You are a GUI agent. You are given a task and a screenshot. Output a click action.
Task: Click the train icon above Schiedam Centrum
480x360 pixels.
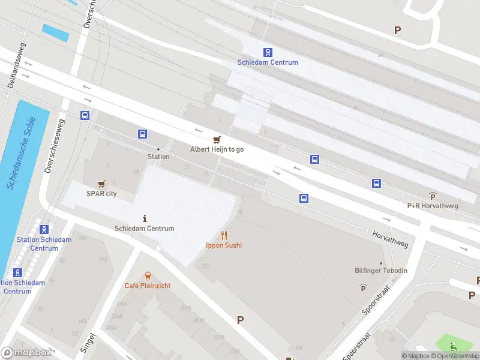[x=268, y=52]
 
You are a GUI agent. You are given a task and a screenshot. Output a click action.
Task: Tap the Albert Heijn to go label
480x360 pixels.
[x=217, y=149]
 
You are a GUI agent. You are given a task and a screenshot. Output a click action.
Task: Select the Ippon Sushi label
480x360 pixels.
[x=224, y=245]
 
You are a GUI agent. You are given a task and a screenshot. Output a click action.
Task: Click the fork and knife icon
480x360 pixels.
[x=224, y=235]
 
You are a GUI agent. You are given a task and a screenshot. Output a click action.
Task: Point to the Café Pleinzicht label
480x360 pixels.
[x=147, y=286]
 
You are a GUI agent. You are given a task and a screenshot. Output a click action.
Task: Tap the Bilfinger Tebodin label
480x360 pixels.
[x=380, y=271]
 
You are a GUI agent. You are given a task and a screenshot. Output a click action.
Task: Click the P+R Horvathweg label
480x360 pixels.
[x=433, y=206]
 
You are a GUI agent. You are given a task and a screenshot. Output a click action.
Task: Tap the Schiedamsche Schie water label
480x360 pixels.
[x=21, y=154]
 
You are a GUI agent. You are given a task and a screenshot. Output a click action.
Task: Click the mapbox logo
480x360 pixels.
[x=26, y=353]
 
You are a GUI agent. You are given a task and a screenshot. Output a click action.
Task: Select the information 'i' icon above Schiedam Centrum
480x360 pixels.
[x=145, y=218]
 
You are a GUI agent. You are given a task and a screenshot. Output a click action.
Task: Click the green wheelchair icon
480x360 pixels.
[x=454, y=346]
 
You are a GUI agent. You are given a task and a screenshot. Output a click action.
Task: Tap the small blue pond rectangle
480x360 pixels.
[x=55, y=32]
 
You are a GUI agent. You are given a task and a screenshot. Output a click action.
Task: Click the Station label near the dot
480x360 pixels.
[x=158, y=157]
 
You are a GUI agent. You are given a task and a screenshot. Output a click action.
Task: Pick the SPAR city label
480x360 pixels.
[x=101, y=194]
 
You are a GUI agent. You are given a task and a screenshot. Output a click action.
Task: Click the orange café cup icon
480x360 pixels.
[x=147, y=275]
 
